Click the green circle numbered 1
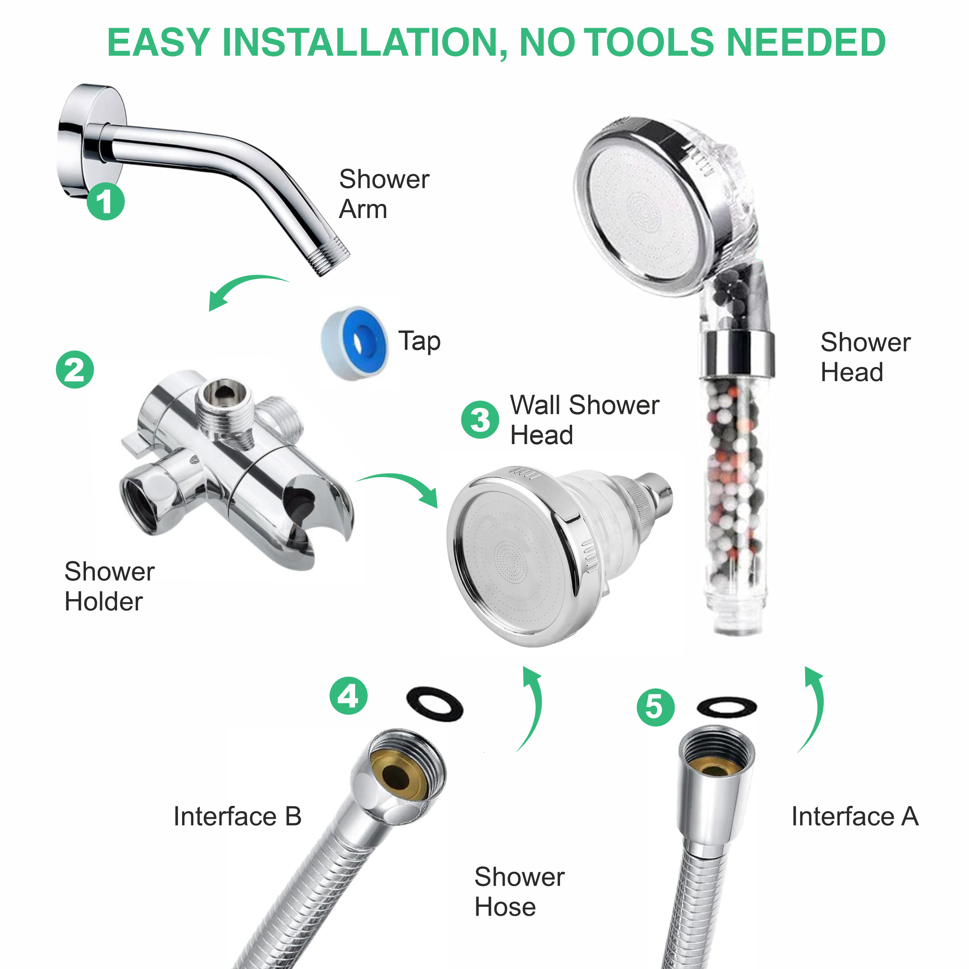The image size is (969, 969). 105,201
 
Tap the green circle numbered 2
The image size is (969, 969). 75,370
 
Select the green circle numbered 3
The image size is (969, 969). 480,420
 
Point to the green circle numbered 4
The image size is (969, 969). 348,696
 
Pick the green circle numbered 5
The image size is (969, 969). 656,708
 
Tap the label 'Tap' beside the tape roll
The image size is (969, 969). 419,342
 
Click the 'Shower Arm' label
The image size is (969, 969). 384,194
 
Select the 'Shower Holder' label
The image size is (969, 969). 109,586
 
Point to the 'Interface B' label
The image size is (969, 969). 237,816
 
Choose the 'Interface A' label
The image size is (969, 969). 855,816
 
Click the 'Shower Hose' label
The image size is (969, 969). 519,891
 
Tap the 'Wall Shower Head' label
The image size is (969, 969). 584,420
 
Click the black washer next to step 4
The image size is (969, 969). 434,704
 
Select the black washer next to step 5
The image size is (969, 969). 727,707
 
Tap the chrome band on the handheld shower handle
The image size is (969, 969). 736,354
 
